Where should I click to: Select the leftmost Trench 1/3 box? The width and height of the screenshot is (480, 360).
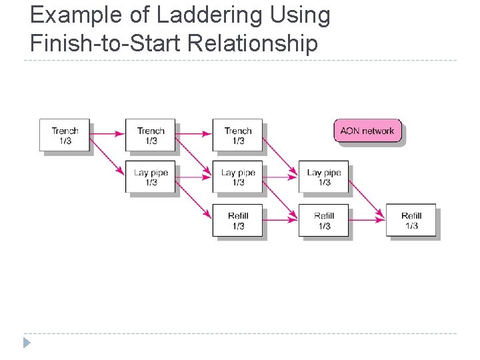tap(64, 135)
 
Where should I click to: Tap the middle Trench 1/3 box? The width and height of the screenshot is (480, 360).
tap(151, 135)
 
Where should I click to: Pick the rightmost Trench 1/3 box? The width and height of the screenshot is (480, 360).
tap(237, 135)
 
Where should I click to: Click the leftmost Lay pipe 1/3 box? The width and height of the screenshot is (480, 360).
tap(151, 177)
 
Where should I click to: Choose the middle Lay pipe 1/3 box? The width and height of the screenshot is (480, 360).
tap(237, 177)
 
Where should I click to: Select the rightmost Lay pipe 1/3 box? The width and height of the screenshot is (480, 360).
tap(323, 177)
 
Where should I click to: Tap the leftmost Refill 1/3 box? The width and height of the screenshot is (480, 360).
tap(237, 221)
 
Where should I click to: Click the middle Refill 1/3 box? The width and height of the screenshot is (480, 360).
tap(323, 221)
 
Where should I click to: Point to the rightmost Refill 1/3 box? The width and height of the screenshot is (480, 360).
tap(411, 221)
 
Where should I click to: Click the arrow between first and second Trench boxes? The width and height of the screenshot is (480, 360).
tap(107, 134)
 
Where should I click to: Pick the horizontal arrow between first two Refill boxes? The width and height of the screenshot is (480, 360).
tap(281, 220)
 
